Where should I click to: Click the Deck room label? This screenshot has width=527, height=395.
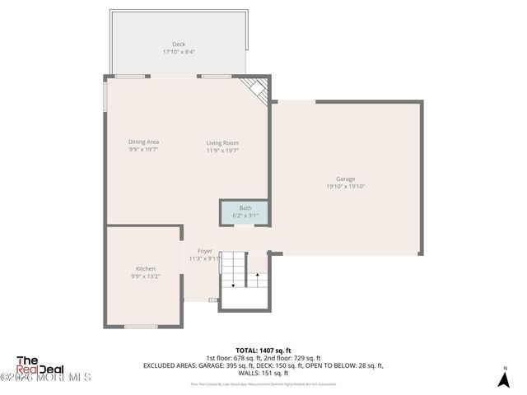pos(179,44)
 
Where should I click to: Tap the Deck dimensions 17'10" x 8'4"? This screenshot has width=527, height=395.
pos(179,52)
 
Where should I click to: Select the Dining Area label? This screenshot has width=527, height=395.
pos(143,142)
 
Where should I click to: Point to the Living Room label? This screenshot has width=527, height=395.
pos(222,142)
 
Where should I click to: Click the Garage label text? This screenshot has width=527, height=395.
pos(346,179)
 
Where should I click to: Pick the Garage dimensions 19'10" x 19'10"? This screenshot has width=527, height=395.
pos(346,187)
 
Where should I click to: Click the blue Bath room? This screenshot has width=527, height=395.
pos(245,211)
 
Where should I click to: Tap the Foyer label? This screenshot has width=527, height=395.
pos(205,251)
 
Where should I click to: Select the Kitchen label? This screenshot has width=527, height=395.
pos(146,269)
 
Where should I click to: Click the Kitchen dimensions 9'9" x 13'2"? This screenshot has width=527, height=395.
pos(146,277)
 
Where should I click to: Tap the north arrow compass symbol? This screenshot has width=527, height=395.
pos(505,378)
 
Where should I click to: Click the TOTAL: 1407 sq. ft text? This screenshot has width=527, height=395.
pos(263,350)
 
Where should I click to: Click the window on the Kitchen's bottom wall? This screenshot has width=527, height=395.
pos(141,327)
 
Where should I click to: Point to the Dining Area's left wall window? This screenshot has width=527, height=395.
pos(105,95)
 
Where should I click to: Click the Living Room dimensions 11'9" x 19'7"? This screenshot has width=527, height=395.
pos(222,151)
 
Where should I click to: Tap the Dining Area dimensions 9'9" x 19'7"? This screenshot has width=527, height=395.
pos(143,151)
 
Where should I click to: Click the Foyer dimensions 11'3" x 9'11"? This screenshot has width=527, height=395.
pos(205,259)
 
